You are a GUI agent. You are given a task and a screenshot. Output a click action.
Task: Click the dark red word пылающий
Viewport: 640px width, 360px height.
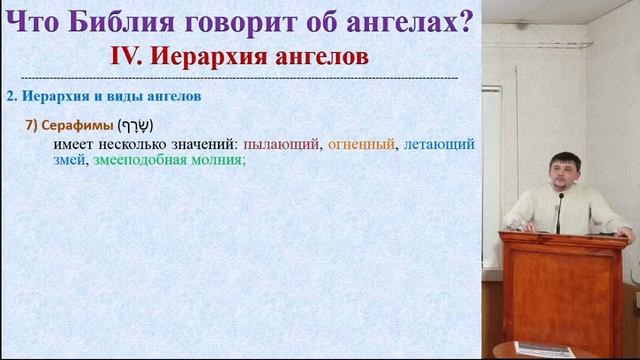(x=281, y=144)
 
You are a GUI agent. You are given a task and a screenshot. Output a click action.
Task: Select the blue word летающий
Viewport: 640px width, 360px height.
(x=437, y=144)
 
